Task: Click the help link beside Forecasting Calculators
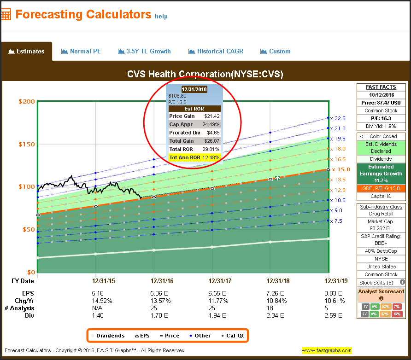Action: coord(161,16)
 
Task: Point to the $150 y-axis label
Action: coord(26,144)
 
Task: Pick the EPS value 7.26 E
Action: coord(278,293)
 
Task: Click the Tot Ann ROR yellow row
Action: coord(194,157)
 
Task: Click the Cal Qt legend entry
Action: coord(232,336)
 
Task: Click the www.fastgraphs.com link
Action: coord(327,350)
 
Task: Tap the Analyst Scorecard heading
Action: coord(381,291)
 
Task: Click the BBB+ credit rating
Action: coord(381,244)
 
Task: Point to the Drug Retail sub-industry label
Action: coord(381,214)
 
